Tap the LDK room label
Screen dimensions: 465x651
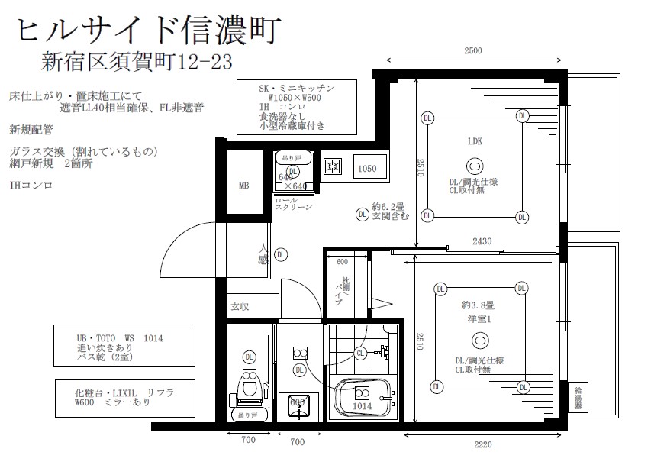click(x=475, y=142)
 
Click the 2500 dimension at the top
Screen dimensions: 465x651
click(x=473, y=51)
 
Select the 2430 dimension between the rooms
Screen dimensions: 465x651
click(x=482, y=241)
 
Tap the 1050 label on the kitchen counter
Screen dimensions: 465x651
click(x=367, y=169)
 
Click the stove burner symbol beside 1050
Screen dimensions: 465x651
click(x=333, y=166)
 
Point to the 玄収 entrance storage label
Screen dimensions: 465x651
click(x=240, y=307)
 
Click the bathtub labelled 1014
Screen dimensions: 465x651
click(x=361, y=398)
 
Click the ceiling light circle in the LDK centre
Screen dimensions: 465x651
click(x=474, y=166)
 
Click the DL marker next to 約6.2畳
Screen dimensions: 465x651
click(x=362, y=215)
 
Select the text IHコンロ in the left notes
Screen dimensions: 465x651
click(x=31, y=186)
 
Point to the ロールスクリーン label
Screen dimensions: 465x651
click(x=292, y=204)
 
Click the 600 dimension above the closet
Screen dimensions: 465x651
click(x=341, y=262)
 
